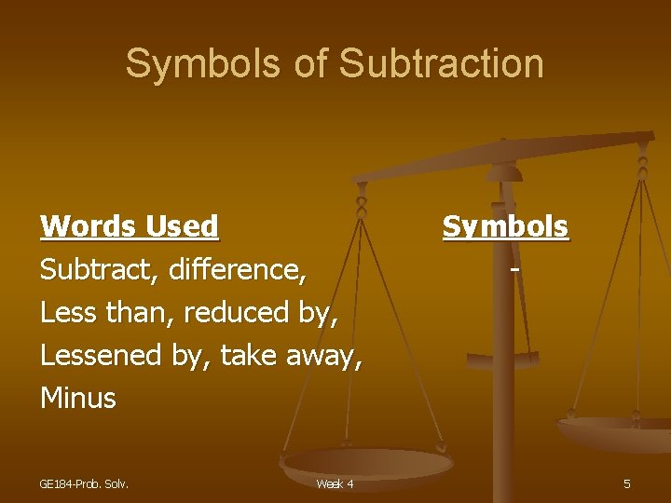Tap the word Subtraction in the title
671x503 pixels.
click(442, 63)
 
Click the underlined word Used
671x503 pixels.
click(182, 226)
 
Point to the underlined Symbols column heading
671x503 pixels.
click(505, 226)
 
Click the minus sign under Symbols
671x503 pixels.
click(514, 270)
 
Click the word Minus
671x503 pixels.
click(78, 399)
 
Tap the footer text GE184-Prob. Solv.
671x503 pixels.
click(84, 483)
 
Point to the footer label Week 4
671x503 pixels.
click(335, 483)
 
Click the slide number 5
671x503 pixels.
click(626, 483)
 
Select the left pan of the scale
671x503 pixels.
click(367, 461)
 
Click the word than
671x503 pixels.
click(142, 313)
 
